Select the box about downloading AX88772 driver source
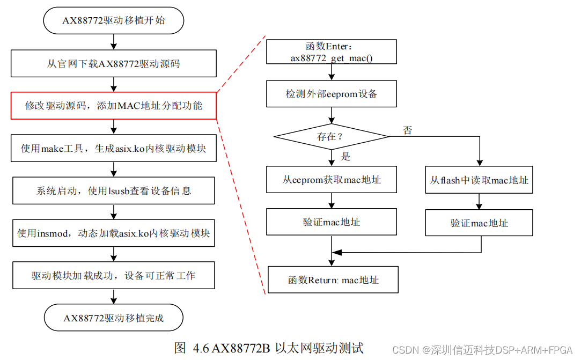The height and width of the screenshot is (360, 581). [x=113, y=64]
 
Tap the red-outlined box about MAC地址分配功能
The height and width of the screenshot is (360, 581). [x=113, y=105]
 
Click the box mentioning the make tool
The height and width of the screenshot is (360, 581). [x=113, y=148]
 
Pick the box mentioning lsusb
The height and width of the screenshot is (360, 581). [x=113, y=190]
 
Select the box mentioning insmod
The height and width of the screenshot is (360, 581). [x=113, y=233]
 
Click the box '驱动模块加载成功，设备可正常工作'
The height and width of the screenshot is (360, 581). [x=113, y=276]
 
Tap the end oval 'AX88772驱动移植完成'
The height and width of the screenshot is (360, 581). [x=113, y=318]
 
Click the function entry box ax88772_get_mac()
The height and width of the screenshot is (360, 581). [x=332, y=52]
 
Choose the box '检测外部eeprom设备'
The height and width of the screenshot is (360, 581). [x=332, y=94]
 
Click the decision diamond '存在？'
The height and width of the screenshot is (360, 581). [x=332, y=136]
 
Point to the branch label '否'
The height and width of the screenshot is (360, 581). [x=407, y=130]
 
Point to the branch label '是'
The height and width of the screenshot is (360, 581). [x=345, y=156]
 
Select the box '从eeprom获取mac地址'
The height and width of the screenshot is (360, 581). [x=332, y=180]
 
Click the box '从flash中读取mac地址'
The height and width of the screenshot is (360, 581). [x=479, y=180]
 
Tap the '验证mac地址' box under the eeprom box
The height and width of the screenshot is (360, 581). [x=332, y=222]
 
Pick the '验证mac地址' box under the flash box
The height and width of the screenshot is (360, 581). [x=479, y=223]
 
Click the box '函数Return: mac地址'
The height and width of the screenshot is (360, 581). [x=333, y=280]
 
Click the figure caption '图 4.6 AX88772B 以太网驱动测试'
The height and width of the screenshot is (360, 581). [x=269, y=348]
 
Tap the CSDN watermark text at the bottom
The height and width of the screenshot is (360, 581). [x=482, y=350]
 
